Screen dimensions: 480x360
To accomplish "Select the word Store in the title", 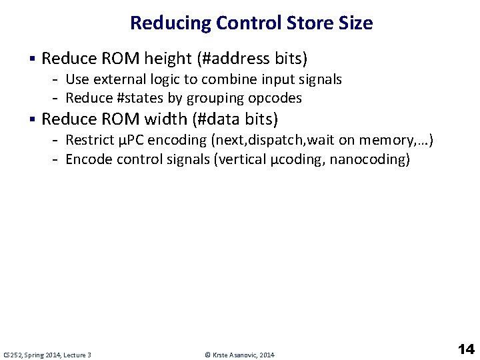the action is [312, 23].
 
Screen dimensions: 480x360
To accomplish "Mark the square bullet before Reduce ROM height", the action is [33, 59].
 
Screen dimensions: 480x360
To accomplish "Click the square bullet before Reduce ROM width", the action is [33, 120].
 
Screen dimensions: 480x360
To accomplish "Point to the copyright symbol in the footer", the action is [207, 355].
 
